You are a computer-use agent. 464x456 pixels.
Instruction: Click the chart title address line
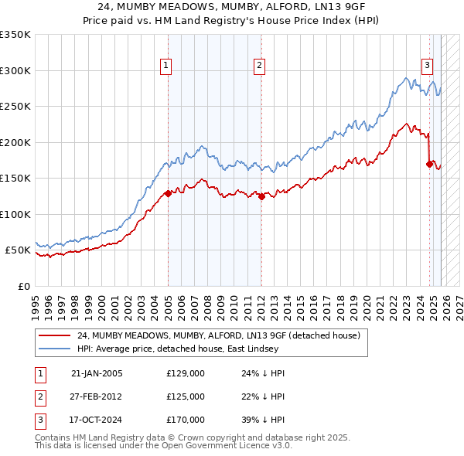click(x=232, y=6)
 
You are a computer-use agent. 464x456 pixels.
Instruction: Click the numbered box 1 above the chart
click(x=166, y=66)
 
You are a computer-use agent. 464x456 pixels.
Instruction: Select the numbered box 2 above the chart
click(x=259, y=66)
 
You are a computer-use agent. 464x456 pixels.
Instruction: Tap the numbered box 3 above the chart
click(x=427, y=66)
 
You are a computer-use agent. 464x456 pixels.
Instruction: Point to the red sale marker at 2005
click(x=168, y=194)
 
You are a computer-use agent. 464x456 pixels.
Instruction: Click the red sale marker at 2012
click(x=261, y=196)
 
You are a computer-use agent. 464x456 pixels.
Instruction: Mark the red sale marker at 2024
click(x=429, y=164)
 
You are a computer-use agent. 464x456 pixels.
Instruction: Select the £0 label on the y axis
click(x=23, y=286)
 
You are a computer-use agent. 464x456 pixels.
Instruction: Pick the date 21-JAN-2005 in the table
click(x=97, y=373)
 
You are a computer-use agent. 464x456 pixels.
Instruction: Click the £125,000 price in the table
click(x=186, y=396)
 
